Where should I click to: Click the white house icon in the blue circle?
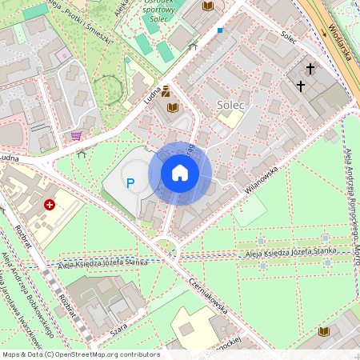click(180, 173)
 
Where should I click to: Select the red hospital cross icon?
click(50, 205)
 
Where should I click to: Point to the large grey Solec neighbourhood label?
click(230, 105)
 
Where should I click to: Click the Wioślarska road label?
click(340, 38)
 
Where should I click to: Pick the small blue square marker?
click(220, 30)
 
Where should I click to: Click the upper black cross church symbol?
click(310, 70)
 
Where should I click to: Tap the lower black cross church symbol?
click(301, 85)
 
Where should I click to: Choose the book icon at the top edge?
click(208, 6)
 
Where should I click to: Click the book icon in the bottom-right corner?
click(324, 331)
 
